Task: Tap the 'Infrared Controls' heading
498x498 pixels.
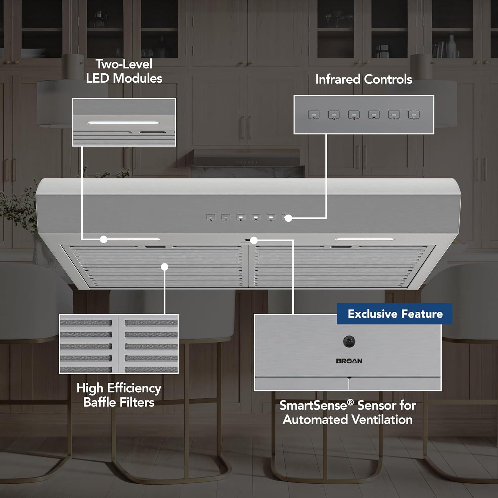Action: click(x=364, y=79)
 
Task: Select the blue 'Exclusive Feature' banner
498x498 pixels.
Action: click(x=395, y=314)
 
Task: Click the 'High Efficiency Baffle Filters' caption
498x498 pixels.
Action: click(x=119, y=395)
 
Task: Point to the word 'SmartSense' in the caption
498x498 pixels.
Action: click(x=312, y=405)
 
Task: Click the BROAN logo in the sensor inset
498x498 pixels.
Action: click(x=349, y=361)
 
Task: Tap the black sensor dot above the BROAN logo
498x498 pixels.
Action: click(x=349, y=341)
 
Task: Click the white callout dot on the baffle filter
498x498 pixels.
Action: click(x=165, y=267)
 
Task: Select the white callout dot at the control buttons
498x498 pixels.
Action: click(x=289, y=218)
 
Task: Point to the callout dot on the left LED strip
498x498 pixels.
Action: click(x=104, y=239)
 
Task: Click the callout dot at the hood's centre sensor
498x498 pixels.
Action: click(x=254, y=240)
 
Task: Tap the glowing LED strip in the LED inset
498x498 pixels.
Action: click(x=123, y=123)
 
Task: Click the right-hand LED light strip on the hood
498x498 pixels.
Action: click(x=364, y=239)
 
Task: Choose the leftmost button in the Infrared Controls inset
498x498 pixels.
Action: click(x=314, y=115)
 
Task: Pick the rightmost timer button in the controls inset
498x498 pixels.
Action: click(x=414, y=115)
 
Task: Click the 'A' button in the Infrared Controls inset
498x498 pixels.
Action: click(x=394, y=115)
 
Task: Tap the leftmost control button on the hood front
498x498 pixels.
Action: click(x=211, y=218)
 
